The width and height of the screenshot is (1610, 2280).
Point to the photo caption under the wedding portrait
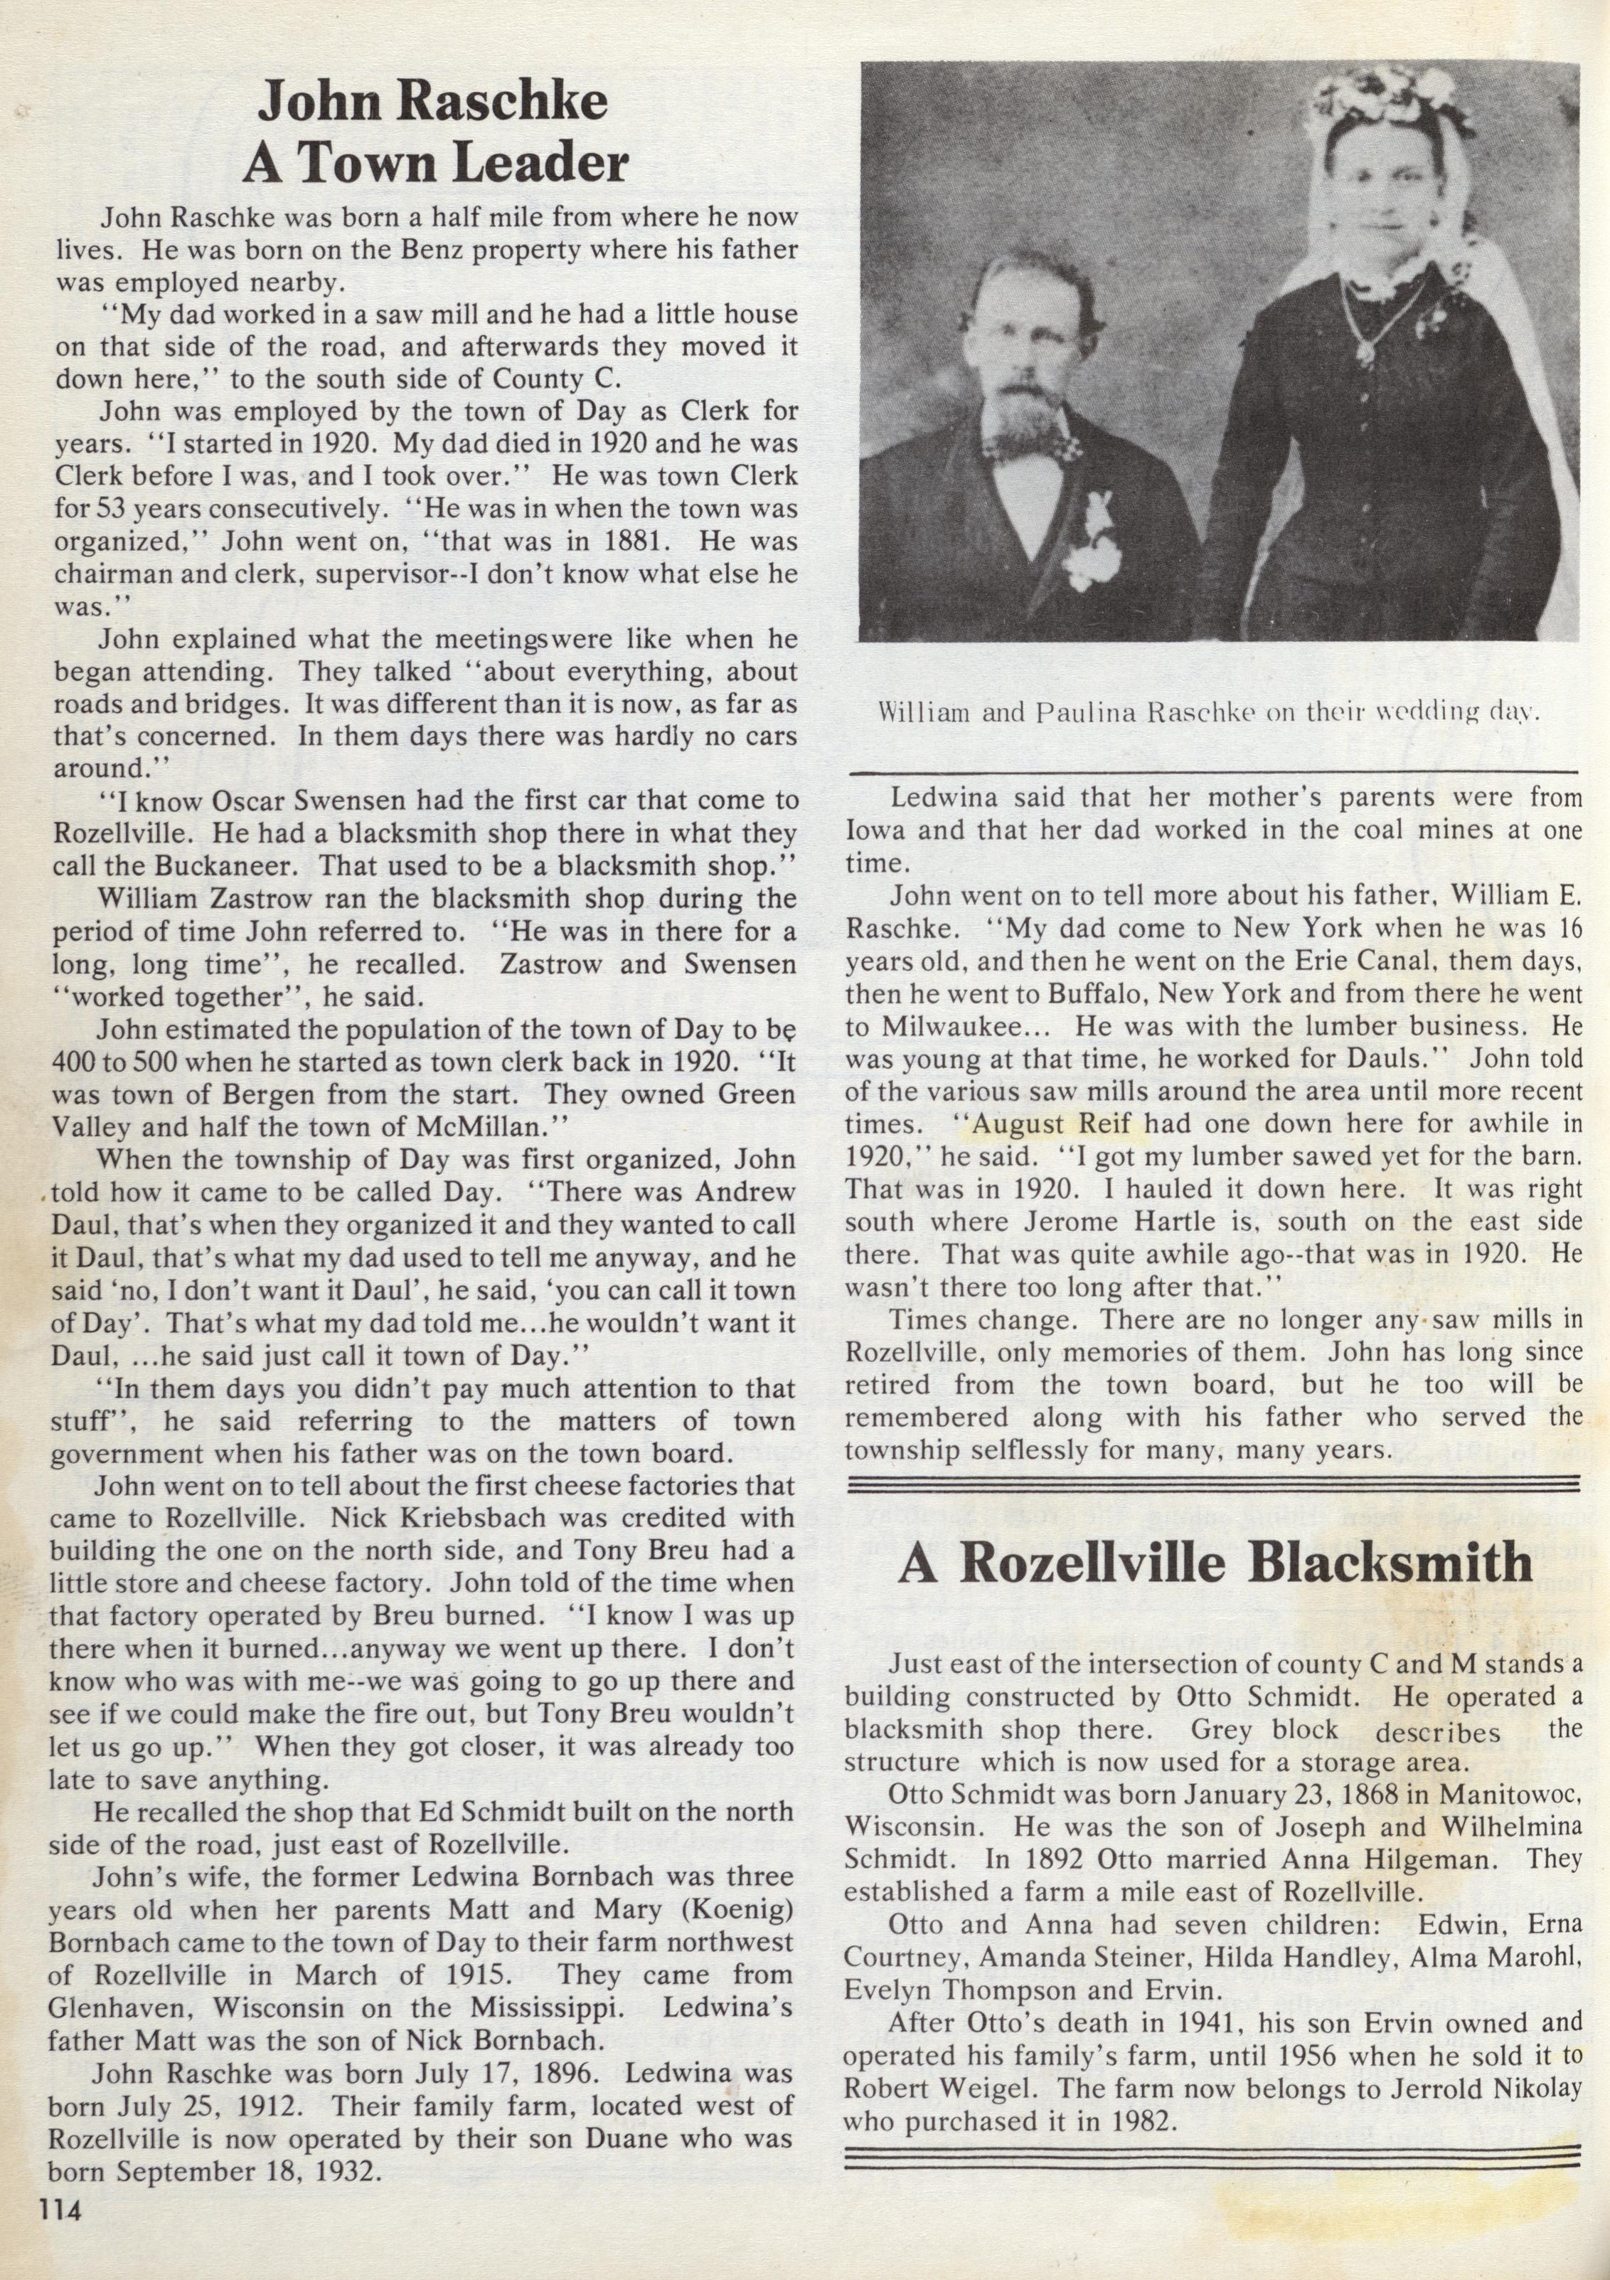pos(1208,712)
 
